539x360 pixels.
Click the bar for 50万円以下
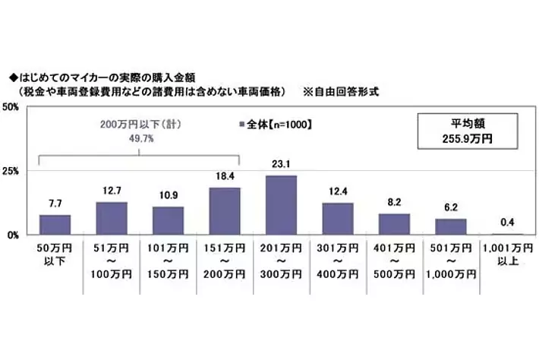tap(55, 225)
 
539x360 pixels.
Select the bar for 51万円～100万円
tap(112, 219)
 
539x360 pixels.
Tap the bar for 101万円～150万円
tap(168, 221)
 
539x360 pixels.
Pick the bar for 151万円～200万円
tap(225, 211)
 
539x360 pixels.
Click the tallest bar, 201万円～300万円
tap(281, 205)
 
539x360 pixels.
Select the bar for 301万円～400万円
tap(338, 219)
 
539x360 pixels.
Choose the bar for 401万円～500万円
tap(394, 224)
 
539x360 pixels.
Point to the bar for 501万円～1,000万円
tap(451, 226)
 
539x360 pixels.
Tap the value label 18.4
tap(225, 176)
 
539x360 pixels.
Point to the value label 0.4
tap(507, 223)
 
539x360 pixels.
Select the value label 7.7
tap(55, 204)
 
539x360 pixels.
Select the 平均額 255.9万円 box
tap(467, 132)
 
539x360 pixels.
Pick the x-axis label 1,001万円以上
tap(507, 254)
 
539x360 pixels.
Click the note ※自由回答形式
tap(341, 91)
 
